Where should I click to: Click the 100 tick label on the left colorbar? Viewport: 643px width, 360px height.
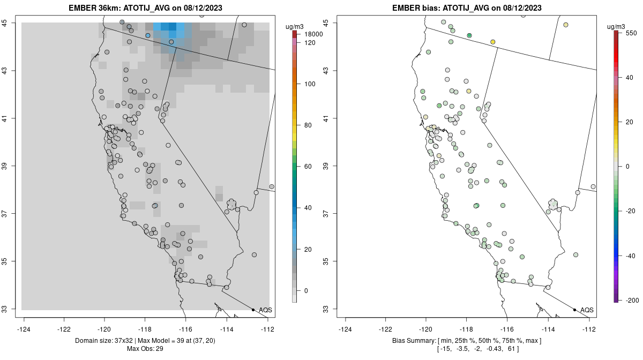[x=310, y=84]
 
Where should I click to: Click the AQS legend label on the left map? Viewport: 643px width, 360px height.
[x=265, y=310]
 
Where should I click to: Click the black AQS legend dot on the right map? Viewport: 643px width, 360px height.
[x=574, y=310]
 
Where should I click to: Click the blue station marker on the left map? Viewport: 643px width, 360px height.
[x=148, y=35]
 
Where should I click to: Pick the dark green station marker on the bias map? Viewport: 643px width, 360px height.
[x=469, y=35]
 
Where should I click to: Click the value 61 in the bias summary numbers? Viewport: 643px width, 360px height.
[x=511, y=349]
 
